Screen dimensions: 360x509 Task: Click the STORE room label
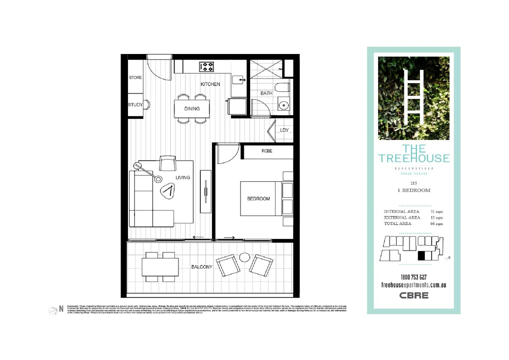tap(135, 78)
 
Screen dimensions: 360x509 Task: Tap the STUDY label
tap(135, 105)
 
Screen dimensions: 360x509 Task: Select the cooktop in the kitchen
tap(207, 67)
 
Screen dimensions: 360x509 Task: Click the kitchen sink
tap(238, 80)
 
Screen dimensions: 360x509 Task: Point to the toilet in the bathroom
tap(282, 87)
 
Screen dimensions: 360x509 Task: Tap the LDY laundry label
tap(284, 130)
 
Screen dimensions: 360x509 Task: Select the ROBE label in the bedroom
tap(267, 151)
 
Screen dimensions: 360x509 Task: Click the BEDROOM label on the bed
tap(258, 199)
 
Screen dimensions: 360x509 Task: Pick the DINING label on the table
tap(192, 109)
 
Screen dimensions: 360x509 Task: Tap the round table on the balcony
tap(245, 257)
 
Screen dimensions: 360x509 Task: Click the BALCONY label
tap(202, 267)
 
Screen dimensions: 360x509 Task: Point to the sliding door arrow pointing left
tap(198, 237)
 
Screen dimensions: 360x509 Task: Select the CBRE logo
tap(414, 295)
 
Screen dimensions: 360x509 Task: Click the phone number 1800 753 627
tap(413, 277)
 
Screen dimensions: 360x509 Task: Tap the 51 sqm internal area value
tap(436, 212)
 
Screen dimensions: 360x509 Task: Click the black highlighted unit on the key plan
tap(421, 256)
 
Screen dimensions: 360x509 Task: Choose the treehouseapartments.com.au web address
tap(413, 285)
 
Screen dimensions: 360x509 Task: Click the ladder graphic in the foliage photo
tap(414, 97)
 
